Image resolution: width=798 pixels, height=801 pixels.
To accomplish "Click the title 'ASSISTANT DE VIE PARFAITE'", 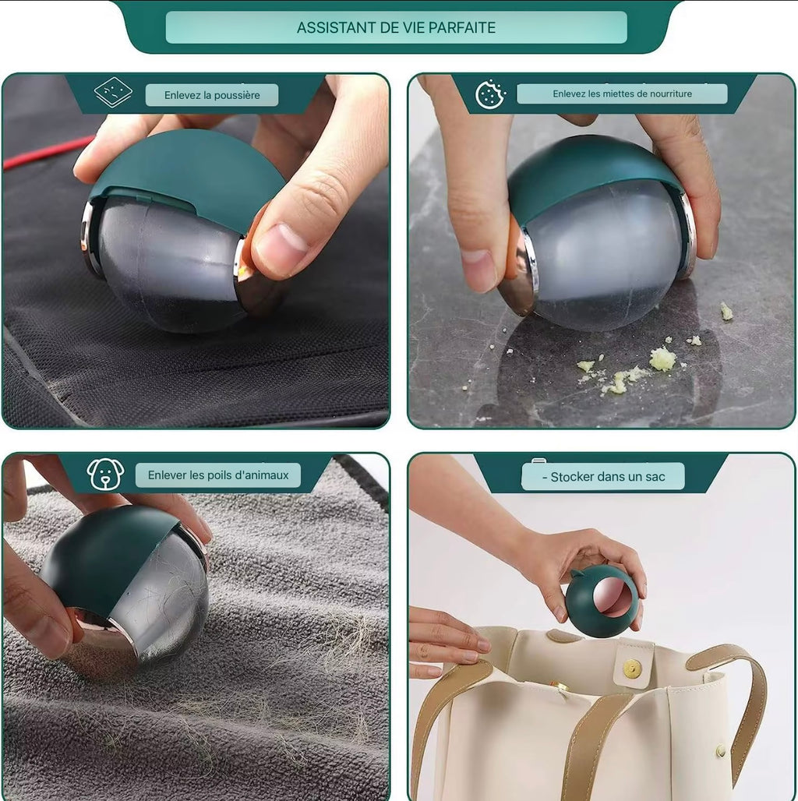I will point(396,27).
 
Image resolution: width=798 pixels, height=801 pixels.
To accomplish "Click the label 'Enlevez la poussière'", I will point(211,95).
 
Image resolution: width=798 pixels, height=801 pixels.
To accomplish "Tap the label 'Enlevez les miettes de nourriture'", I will point(622,94).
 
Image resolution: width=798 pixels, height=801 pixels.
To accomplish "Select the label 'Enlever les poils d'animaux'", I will point(218,475).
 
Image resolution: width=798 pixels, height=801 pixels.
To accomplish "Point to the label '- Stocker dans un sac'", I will point(602,477).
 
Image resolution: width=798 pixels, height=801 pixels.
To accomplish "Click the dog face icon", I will point(105,474).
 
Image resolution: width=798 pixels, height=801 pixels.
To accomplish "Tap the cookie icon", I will point(490,94).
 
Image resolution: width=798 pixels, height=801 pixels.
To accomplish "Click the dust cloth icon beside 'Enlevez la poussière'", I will point(113,93).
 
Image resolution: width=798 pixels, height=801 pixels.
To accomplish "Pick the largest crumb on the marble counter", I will point(662,358).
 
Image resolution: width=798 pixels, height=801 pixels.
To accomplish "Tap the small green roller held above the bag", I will point(602,601).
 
